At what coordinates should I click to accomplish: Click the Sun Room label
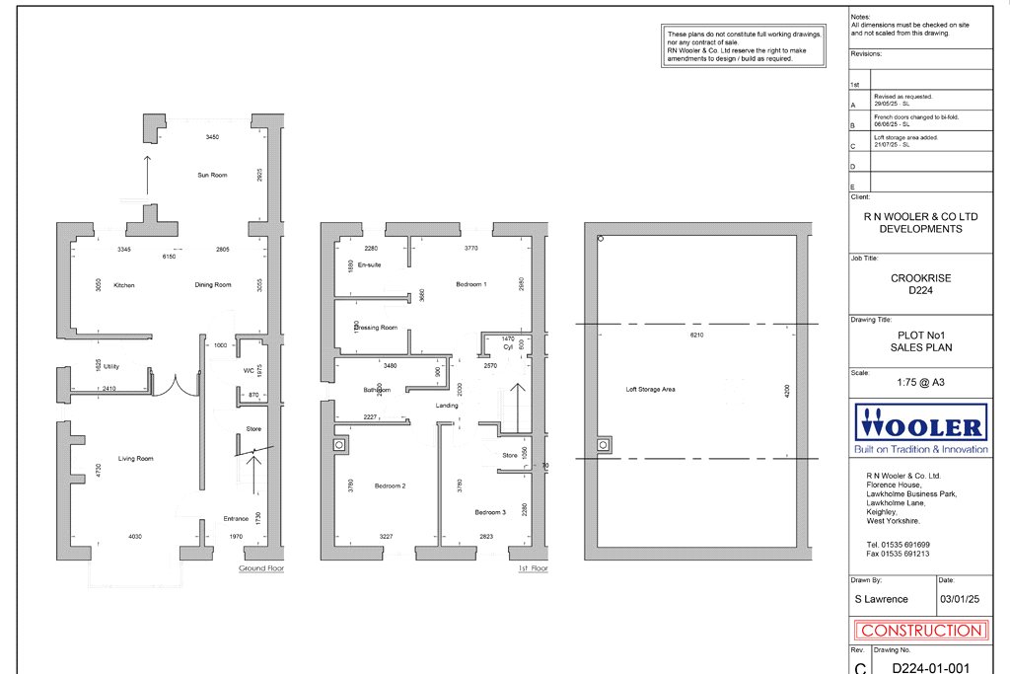coord(212,175)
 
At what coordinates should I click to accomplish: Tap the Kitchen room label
coord(123,285)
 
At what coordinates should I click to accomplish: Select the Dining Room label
coord(212,285)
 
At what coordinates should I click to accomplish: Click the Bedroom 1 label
coord(471,284)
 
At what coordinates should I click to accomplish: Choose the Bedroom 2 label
coord(391,486)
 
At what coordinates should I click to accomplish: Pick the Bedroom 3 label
coord(490,512)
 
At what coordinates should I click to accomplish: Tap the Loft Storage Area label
coord(652,390)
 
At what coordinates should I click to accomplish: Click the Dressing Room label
coord(376,328)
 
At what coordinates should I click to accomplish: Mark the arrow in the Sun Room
coord(147,176)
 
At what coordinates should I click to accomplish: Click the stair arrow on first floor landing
coord(517,395)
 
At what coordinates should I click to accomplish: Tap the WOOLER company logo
coord(921,428)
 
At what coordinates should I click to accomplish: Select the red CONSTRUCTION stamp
coord(921,630)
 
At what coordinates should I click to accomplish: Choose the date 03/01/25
coord(960,599)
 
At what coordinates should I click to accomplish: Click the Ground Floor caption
coord(261,569)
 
